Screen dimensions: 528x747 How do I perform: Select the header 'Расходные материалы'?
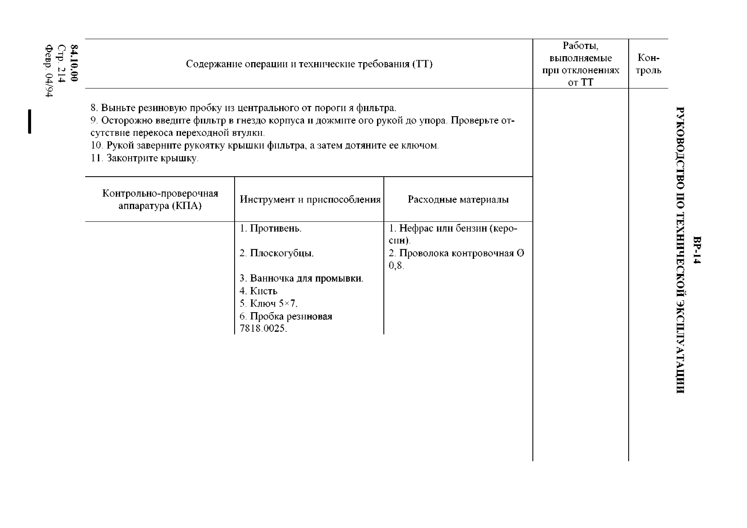458,199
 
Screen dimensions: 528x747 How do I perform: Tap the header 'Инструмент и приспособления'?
310,199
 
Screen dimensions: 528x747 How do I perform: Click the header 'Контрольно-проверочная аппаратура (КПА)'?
160,199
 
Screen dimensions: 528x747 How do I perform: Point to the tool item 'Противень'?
275,228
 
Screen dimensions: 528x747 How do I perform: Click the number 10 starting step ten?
96,145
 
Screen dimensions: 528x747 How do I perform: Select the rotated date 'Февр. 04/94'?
49,71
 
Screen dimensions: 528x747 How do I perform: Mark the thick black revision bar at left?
30,121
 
